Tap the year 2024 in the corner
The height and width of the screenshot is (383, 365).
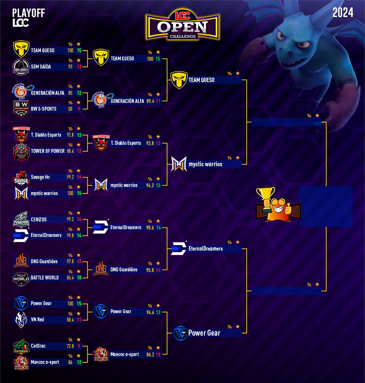[343, 13]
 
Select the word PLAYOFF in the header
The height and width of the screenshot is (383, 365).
[29, 13]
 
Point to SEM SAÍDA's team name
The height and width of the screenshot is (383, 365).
[41, 67]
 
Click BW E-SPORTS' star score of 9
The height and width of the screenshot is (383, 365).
[79, 109]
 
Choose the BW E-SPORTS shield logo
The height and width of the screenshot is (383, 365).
[21, 109]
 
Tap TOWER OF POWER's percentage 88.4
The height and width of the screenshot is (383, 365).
[70, 151]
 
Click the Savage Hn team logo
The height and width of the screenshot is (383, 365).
[21, 178]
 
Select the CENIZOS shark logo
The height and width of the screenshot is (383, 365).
[21, 219]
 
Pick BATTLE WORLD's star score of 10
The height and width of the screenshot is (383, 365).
[79, 278]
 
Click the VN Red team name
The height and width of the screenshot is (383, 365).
[37, 320]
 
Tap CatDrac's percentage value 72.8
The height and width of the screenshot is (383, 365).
[70, 346]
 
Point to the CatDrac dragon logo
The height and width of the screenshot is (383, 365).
[21, 346]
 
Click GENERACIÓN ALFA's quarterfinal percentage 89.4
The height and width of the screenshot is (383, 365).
[150, 101]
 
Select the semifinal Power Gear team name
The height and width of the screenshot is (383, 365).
[204, 333]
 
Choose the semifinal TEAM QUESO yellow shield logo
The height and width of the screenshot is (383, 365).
[179, 80]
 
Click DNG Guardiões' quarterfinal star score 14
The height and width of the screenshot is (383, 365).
[158, 270]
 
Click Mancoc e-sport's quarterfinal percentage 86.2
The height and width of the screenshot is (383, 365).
[150, 354]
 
